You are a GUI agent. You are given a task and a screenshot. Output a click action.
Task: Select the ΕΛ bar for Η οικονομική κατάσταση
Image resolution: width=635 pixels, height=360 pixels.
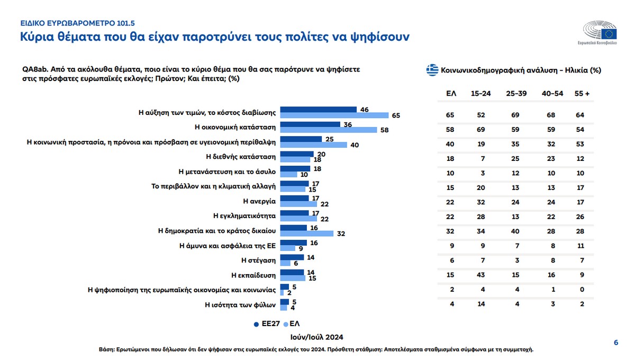328,130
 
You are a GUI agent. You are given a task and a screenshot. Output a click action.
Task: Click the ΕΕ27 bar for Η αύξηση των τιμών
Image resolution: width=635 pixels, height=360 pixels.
318,110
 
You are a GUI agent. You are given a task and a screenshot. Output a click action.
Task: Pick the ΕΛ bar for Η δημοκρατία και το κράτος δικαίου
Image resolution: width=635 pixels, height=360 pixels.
307,233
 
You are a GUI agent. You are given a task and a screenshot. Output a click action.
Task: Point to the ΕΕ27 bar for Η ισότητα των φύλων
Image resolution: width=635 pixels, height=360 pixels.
284,302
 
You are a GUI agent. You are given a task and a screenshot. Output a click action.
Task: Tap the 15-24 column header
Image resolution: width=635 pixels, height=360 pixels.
480,93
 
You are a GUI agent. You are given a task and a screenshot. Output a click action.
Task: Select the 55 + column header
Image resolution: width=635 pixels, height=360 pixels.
583,93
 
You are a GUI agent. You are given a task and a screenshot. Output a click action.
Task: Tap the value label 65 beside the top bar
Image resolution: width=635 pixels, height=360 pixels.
396,115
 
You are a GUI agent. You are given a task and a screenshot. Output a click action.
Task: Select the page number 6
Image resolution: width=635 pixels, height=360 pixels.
615,343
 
